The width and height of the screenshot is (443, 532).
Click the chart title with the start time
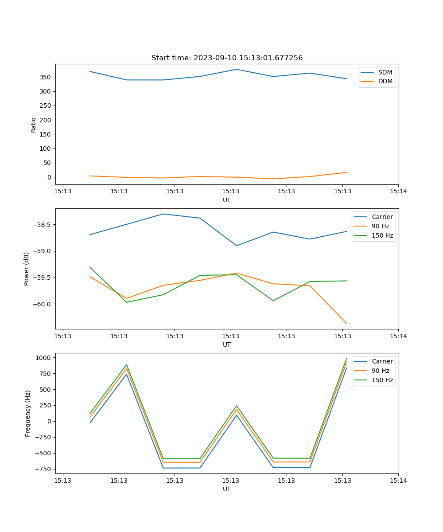coord(227,58)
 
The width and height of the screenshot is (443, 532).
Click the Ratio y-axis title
coord(34,125)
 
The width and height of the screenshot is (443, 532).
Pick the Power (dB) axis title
coord(27,269)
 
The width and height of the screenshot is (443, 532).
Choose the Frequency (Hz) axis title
coord(28,413)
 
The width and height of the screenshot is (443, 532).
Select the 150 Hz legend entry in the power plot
coord(382,235)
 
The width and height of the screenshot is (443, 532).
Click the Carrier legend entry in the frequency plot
coord(382,361)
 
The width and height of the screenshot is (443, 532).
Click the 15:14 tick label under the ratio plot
coord(398,192)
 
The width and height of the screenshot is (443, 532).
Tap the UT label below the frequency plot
coord(227,489)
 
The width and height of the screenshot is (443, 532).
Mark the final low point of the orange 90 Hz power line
coord(346,324)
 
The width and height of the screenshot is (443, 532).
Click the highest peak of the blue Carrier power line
coord(163,214)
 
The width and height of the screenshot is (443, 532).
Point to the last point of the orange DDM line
coord(346,172)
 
